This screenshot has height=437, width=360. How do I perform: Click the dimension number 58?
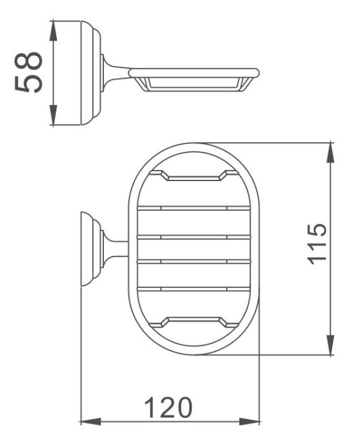[x=28, y=72]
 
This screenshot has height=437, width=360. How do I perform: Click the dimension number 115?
[x=317, y=244]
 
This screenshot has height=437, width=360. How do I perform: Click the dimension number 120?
[x=169, y=408]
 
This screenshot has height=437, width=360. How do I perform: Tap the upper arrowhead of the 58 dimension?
[x=53, y=30]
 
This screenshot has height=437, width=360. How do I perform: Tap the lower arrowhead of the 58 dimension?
[x=53, y=115]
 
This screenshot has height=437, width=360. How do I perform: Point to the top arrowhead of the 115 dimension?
[x=330, y=152]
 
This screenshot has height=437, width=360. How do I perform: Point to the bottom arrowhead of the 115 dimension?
[x=330, y=345]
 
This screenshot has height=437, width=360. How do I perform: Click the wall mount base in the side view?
[x=91, y=72]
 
